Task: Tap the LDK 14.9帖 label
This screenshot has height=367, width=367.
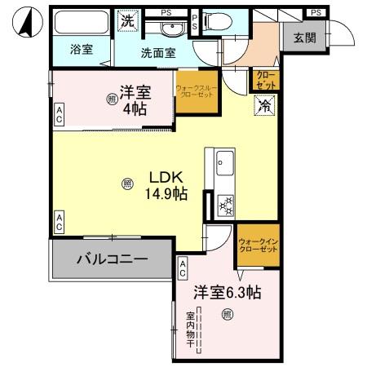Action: pos(166,186)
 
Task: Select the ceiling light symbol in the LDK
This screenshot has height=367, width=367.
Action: pos(127,184)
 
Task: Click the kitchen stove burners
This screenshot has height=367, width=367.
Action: pos(224,206)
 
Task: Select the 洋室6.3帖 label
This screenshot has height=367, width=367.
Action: pos(227,293)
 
